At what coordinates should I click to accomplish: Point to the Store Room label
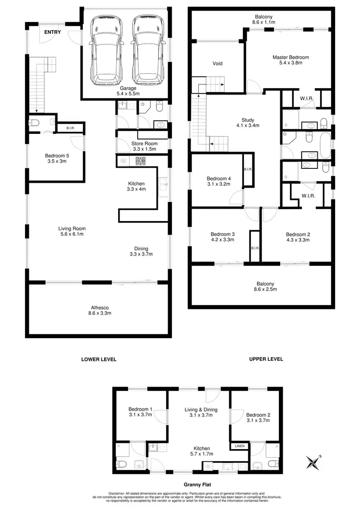(x=142, y=146)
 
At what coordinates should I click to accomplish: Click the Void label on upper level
(x=217, y=63)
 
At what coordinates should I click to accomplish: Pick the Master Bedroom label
(x=290, y=60)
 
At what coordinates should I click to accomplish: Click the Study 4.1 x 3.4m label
(x=248, y=123)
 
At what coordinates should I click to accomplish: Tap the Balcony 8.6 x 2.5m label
(x=262, y=286)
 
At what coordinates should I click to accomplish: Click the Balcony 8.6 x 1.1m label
(x=262, y=19)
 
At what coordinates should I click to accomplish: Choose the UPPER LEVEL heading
(x=265, y=359)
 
